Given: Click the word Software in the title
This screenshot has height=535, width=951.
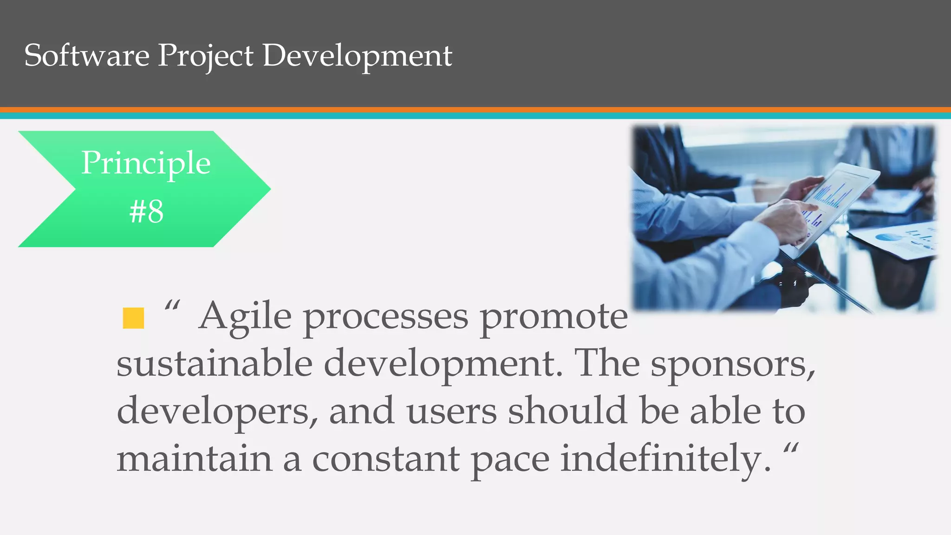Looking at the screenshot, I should pyautogui.click(x=86, y=55).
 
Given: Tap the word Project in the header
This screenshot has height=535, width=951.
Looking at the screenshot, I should pyautogui.click(x=205, y=56).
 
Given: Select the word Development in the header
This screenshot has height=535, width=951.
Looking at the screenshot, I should pyautogui.click(x=357, y=56).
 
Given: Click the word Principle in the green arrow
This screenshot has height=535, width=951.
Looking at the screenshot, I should pyautogui.click(x=146, y=163).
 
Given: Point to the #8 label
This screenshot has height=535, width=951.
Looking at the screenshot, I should pyautogui.click(x=146, y=211).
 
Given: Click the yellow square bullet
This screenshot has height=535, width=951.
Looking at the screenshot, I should pyautogui.click(x=133, y=318).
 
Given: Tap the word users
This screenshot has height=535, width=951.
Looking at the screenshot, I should pyautogui.click(x=451, y=411).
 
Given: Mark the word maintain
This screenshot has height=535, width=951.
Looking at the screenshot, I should pyautogui.click(x=194, y=458).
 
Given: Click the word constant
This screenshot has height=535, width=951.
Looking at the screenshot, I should pyautogui.click(x=386, y=459).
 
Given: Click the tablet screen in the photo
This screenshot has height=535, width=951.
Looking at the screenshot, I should pyautogui.click(x=836, y=195).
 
